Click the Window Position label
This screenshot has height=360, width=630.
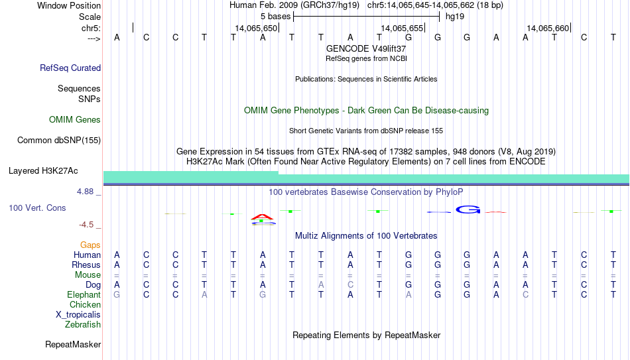pos(69,5)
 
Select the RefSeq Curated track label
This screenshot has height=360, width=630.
pos(70,68)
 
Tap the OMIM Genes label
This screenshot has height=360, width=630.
pos(75,120)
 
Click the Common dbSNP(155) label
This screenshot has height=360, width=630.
pos(59,141)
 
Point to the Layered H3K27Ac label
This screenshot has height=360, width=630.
pos(43,171)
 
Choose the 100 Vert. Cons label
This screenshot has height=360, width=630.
pos(37,208)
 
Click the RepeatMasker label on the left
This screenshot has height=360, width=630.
pos(73,344)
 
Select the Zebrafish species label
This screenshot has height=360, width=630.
pos(83,324)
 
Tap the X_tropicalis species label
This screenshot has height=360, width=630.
pos(78,315)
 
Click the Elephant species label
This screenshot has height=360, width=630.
pos(84,294)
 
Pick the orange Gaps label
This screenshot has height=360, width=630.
pos(90,245)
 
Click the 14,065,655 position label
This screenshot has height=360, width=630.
pos(402,28)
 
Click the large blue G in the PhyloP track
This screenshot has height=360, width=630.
pos(468,210)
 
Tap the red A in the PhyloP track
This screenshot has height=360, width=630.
pos(262,217)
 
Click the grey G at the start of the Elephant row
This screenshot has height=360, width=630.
pos(117,294)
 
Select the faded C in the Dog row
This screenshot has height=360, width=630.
pos(350,284)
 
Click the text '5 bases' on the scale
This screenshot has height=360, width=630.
pos(275,17)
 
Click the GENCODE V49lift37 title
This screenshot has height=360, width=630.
pos(366,48)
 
